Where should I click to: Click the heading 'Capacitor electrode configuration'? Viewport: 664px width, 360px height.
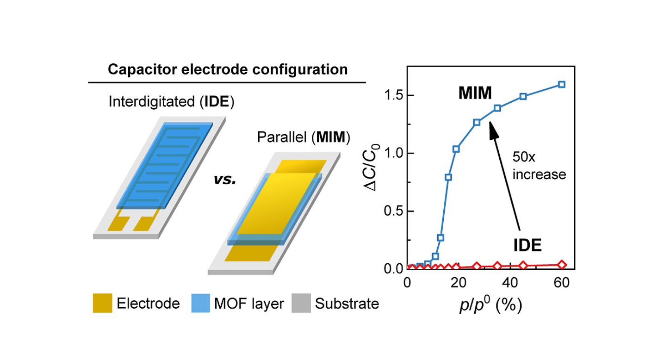pos(227,70)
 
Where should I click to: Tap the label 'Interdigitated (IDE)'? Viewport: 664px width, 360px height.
pos(172,102)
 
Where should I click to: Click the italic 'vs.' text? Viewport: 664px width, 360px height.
pos(225,180)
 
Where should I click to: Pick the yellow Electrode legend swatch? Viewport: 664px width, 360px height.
pos(102,304)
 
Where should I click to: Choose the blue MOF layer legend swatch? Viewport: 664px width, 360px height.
pos(200,304)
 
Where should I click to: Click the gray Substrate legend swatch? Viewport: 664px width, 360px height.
pos(301,304)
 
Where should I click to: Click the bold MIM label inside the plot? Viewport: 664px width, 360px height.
pos(475,94)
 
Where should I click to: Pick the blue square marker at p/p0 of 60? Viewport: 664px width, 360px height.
pos(562,84)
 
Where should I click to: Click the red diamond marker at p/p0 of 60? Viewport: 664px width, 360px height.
pos(562,264)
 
